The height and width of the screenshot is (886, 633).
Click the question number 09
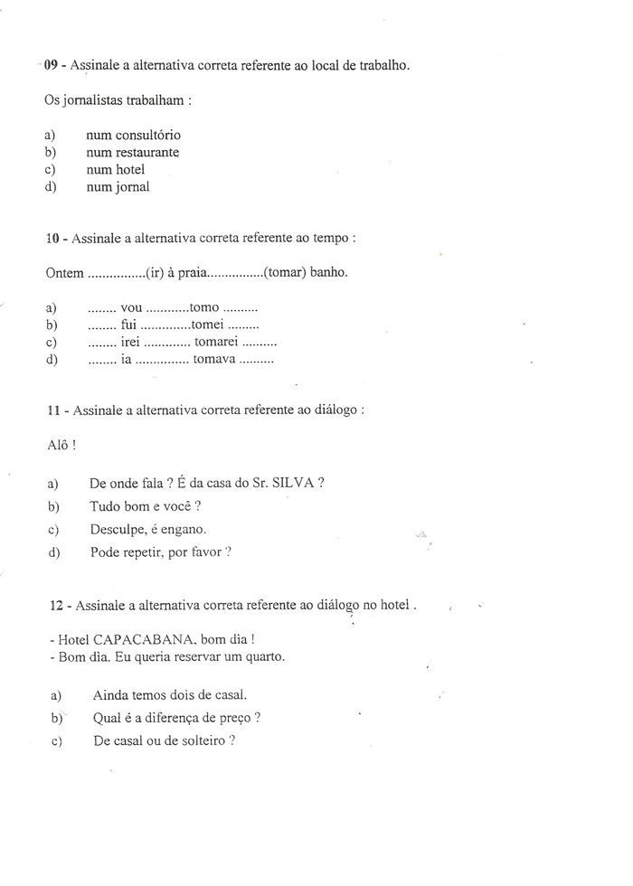pos(52,65)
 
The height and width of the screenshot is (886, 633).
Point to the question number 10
pos(52,239)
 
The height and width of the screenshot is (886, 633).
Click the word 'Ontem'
pos(62,272)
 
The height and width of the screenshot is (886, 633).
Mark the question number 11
pos(52,410)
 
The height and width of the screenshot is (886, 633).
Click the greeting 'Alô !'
pos(60,444)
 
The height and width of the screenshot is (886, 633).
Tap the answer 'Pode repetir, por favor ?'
pos(160,552)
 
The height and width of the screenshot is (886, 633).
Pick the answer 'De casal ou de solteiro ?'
pos(164,741)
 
